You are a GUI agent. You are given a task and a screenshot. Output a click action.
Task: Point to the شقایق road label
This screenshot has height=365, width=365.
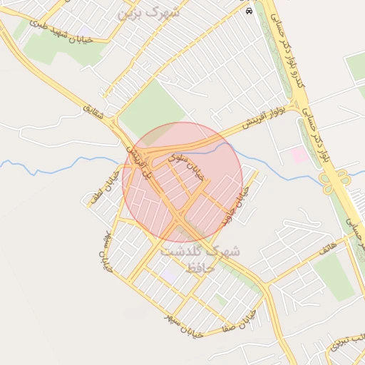click(93, 112)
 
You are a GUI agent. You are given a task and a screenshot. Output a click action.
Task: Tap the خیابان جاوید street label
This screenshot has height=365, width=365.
click(237, 207)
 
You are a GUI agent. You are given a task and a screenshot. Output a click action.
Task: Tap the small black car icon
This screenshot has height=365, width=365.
click(248, 11)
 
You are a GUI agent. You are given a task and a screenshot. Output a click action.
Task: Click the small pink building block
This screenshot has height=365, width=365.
click(300, 155)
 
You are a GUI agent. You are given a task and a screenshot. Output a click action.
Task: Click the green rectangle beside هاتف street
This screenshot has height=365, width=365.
click(334, 277)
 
